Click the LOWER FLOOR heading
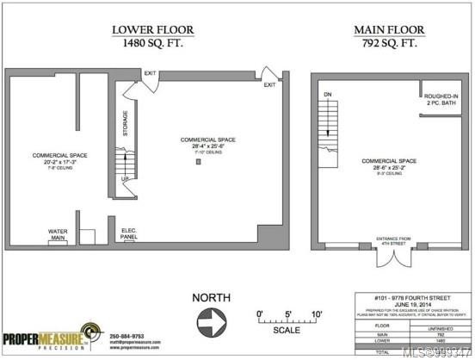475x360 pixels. [x=153, y=30]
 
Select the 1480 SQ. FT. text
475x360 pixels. [x=153, y=42]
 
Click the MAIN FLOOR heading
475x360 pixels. [x=389, y=30]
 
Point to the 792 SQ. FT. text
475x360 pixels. [x=389, y=42]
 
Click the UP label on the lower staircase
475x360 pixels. [x=125, y=179]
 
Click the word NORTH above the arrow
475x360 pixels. [x=211, y=298]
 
